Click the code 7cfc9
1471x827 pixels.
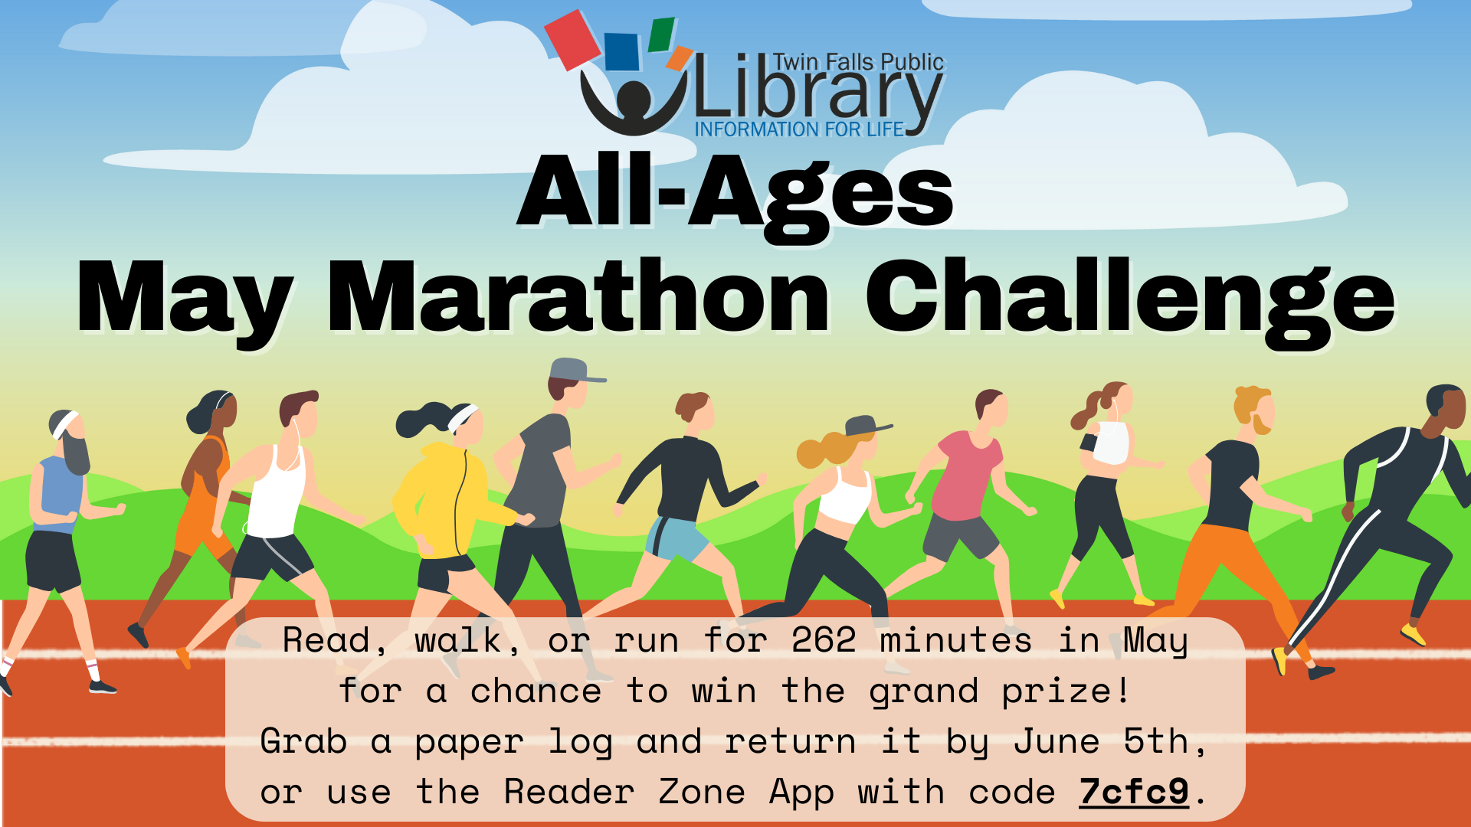(x=1134, y=792)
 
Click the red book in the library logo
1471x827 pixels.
(x=574, y=40)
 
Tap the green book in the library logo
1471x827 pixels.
(x=661, y=34)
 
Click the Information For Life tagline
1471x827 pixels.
(x=800, y=129)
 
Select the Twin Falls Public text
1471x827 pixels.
(x=858, y=62)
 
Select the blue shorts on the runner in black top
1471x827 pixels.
(x=676, y=538)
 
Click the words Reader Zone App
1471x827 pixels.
(x=669, y=793)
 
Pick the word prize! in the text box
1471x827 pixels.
(x=1066, y=691)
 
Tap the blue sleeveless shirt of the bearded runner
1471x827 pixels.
(x=57, y=494)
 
